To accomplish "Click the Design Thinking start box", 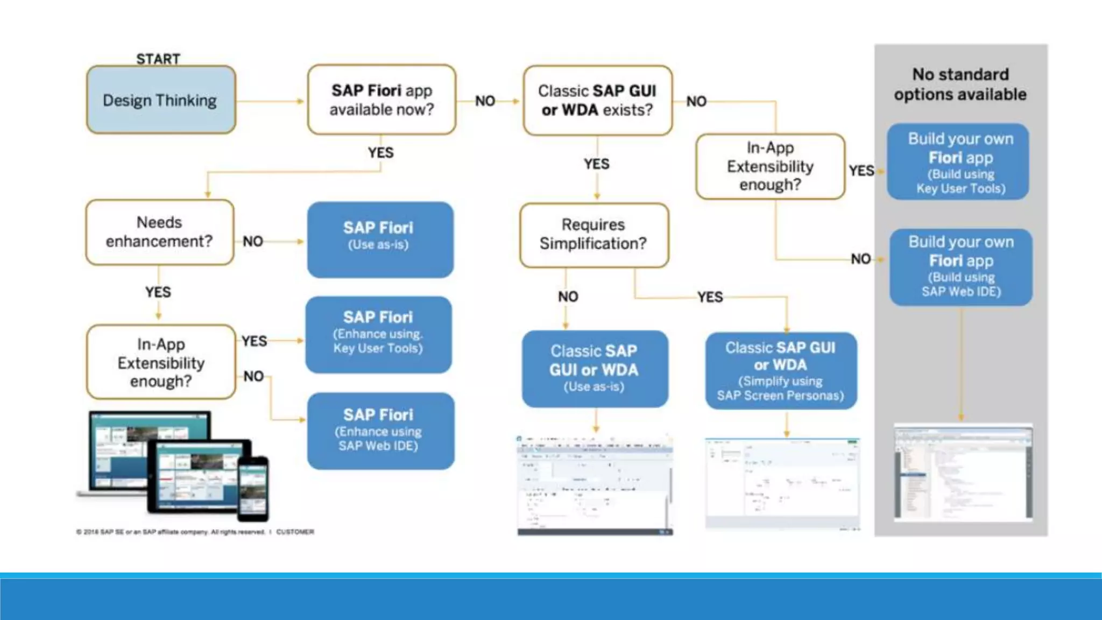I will (x=160, y=100).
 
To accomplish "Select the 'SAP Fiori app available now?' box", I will (x=382, y=100).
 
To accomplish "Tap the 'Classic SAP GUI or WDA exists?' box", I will (x=597, y=101).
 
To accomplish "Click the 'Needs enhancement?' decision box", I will (x=159, y=232).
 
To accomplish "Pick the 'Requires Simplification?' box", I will (x=594, y=235).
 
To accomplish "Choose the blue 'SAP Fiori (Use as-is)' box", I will (x=380, y=239).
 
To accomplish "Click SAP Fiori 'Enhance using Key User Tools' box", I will (x=378, y=334).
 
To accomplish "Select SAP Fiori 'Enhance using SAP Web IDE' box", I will (x=380, y=431).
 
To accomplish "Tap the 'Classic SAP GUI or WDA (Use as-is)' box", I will (x=595, y=369).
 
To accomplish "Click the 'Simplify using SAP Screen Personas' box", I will (x=780, y=371).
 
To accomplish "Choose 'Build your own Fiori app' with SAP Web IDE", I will (x=960, y=267).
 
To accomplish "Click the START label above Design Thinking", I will (x=158, y=59).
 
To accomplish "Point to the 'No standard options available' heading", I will (x=960, y=84).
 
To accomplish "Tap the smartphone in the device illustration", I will (x=253, y=489).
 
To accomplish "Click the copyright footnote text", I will (x=195, y=532).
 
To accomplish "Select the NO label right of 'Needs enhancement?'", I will (x=253, y=241).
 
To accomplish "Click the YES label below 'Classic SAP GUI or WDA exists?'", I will (x=597, y=164).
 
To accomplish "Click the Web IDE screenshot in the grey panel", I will (x=963, y=472).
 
